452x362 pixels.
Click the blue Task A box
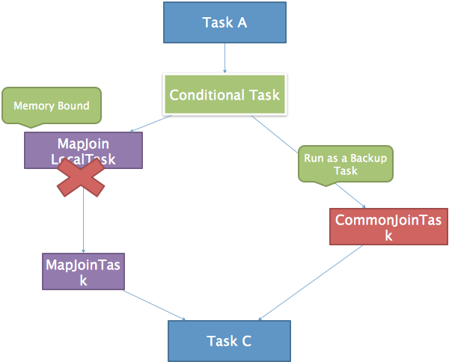tap(225, 22)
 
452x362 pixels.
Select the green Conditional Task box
tap(225, 95)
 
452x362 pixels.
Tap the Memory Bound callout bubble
tap(51, 105)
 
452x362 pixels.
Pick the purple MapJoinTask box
tap(83, 271)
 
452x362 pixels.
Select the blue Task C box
tap(228, 341)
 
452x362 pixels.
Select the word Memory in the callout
tap(34, 105)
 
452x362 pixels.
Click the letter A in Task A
tap(242, 22)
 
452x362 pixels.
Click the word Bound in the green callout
tap(73, 105)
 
